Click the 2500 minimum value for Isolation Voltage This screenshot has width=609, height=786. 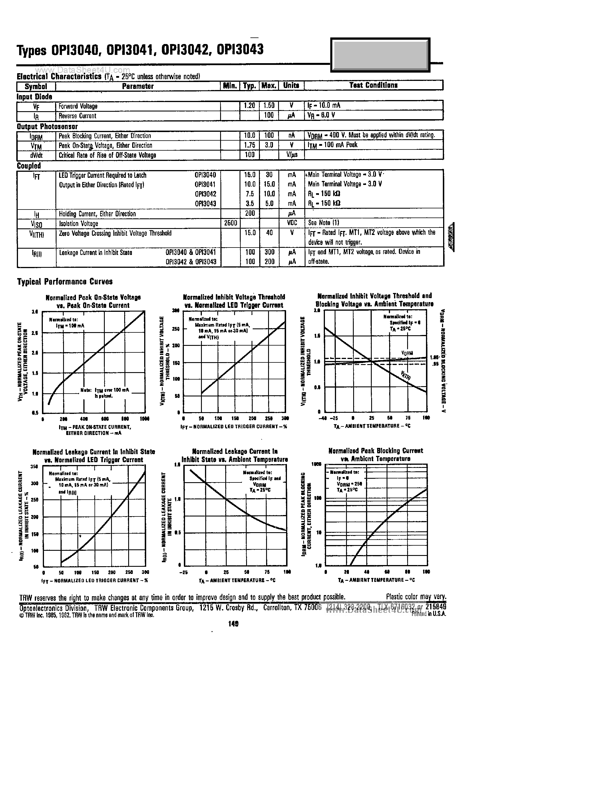[230, 223]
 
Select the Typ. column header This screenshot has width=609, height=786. [249, 86]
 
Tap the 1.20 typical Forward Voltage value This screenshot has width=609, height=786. [249, 105]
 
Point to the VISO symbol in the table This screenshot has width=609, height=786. [36, 224]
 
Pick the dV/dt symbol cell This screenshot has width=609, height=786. [36, 155]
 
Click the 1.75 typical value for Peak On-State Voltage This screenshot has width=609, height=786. [249, 145]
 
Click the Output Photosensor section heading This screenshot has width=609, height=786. [47, 126]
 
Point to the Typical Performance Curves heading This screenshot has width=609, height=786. [65, 282]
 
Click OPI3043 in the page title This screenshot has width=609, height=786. [240, 50]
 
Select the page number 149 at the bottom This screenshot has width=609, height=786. [233, 624]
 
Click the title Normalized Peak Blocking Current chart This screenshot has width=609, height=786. [375, 454]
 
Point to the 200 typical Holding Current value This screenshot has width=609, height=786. [250, 214]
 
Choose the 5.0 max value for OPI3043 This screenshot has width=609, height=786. [269, 203]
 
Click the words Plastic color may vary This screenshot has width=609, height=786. [416, 597]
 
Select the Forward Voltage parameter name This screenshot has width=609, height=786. [78, 106]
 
